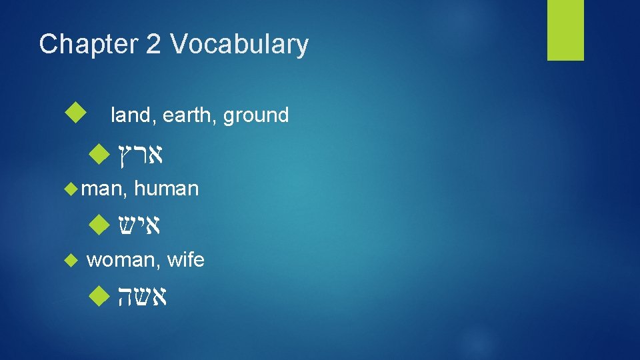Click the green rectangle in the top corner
click(x=565, y=30)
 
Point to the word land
click(x=129, y=115)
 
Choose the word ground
click(x=256, y=115)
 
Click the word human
click(x=166, y=189)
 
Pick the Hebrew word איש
click(x=140, y=225)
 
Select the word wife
click(x=185, y=260)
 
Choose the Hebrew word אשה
click(x=141, y=295)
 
